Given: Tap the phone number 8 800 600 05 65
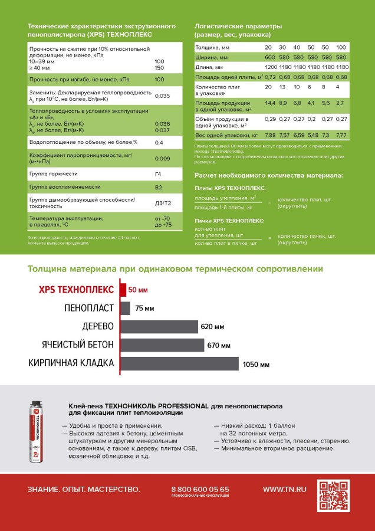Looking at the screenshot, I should coord(200,489).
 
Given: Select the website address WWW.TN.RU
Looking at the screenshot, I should coord(285,489).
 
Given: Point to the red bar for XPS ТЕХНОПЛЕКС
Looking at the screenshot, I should coord(123,290).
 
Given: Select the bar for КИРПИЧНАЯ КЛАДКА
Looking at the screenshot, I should coord(179,363).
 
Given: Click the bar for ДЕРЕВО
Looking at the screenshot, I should coord(159,326).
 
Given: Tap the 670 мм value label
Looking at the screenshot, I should coord(218,345).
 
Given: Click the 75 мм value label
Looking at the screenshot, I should coord(144,308).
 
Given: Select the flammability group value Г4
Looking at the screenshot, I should coord(158,173).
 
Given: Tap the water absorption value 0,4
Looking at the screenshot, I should coord(159,143).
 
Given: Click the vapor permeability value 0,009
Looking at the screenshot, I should coord(162,158).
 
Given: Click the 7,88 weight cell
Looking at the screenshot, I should coord(270,135).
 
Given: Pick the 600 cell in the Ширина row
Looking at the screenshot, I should coord(270,57).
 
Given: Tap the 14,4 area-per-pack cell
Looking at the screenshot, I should coord(270,103).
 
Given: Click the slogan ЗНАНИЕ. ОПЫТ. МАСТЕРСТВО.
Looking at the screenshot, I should coord(84,489).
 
